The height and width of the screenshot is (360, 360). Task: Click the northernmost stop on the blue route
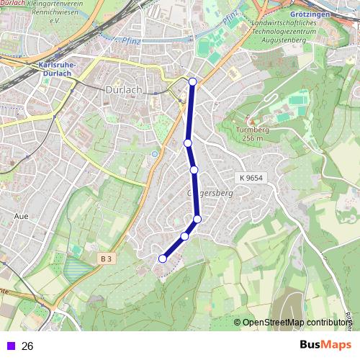click(192, 81)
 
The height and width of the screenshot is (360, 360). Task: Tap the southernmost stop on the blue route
click(163, 258)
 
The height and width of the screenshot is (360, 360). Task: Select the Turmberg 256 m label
click(252, 134)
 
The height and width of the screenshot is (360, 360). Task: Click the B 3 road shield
click(107, 258)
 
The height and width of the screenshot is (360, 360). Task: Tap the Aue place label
click(21, 215)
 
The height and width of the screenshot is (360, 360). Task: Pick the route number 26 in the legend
click(28, 346)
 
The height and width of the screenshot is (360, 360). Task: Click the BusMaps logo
click(325, 345)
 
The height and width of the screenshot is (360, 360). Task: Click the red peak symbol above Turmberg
click(251, 118)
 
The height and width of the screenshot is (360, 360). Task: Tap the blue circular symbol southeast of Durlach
click(153, 153)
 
